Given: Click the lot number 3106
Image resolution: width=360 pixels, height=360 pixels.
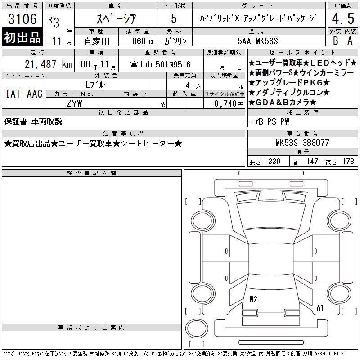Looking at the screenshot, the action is click(x=22, y=19).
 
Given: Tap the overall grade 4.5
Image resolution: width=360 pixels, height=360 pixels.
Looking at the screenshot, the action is click(x=343, y=18).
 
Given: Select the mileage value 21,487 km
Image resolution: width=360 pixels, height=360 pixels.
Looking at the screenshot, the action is click(x=49, y=64).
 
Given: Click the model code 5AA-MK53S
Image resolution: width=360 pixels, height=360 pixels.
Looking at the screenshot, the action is click(x=257, y=41).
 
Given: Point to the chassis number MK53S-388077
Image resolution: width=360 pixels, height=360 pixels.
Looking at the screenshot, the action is click(x=302, y=143).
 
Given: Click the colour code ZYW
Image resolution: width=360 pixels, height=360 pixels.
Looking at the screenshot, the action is click(x=74, y=103).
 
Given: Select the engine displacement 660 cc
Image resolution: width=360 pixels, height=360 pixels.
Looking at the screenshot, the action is click(x=143, y=41).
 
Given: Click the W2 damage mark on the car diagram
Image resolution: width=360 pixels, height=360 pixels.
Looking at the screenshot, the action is click(x=253, y=299).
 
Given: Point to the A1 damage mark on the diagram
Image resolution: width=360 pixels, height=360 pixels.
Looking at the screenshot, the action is click(x=320, y=307).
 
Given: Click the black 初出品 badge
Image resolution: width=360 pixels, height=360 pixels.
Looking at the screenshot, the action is click(x=22, y=37).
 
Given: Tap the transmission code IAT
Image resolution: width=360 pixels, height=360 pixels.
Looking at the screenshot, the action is click(x=13, y=94).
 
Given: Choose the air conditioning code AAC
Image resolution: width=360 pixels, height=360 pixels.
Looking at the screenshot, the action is click(x=35, y=94).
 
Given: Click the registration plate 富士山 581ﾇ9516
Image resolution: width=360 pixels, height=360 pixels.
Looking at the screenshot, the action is click(x=161, y=64).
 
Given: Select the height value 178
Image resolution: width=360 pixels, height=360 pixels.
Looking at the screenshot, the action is click(x=348, y=162).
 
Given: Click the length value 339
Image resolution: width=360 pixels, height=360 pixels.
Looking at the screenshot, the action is click(x=274, y=162).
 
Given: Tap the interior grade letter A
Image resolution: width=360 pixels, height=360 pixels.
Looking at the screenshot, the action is click(x=350, y=41).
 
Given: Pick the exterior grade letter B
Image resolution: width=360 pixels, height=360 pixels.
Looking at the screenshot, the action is click(x=335, y=41).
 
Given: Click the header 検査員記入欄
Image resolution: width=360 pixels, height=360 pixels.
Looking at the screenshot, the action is click(x=91, y=173).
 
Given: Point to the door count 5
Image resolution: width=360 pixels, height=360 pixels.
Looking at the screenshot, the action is click(x=174, y=18).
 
